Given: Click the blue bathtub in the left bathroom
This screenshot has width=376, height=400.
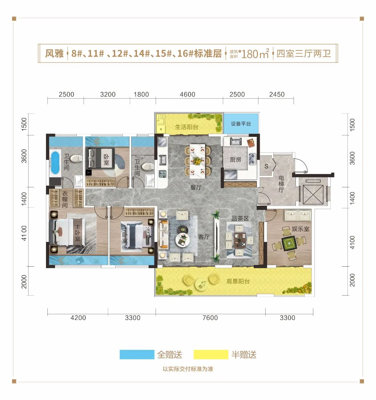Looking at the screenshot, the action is tap(55, 163).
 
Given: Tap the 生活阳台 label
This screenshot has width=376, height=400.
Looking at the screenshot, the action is tap(187, 127).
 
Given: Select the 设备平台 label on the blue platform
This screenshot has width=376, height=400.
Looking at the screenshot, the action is tap(241, 124).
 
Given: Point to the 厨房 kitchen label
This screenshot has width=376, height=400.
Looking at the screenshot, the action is tap(235, 160).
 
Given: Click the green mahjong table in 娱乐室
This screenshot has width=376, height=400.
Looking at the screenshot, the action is tap(289, 243).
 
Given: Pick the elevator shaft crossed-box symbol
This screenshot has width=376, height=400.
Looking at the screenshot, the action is tap(313, 195).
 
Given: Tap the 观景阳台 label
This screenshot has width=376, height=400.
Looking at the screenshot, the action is tap(238, 281).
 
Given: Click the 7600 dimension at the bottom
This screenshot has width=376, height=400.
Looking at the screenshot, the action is tap(210, 317).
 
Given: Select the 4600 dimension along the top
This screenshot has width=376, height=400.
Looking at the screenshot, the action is tap(188, 94).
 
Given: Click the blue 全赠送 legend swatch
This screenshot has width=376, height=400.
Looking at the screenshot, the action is tap(137, 355).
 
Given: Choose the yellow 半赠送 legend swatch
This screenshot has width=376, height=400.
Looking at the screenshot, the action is tap(211, 355).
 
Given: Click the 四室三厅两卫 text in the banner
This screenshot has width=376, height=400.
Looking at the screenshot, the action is tap(304, 54).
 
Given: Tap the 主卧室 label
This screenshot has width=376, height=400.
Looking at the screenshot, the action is tap(78, 233).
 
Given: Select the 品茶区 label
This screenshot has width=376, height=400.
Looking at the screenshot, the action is tap(240, 218).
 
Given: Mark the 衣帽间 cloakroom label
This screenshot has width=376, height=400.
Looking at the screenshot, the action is tap(65, 199).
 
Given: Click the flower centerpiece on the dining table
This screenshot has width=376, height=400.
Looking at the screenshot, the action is tap(197, 161).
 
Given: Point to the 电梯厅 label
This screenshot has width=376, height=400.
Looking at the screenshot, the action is tap(281, 184).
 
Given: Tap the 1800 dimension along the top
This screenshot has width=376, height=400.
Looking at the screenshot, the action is tap(141, 94).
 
